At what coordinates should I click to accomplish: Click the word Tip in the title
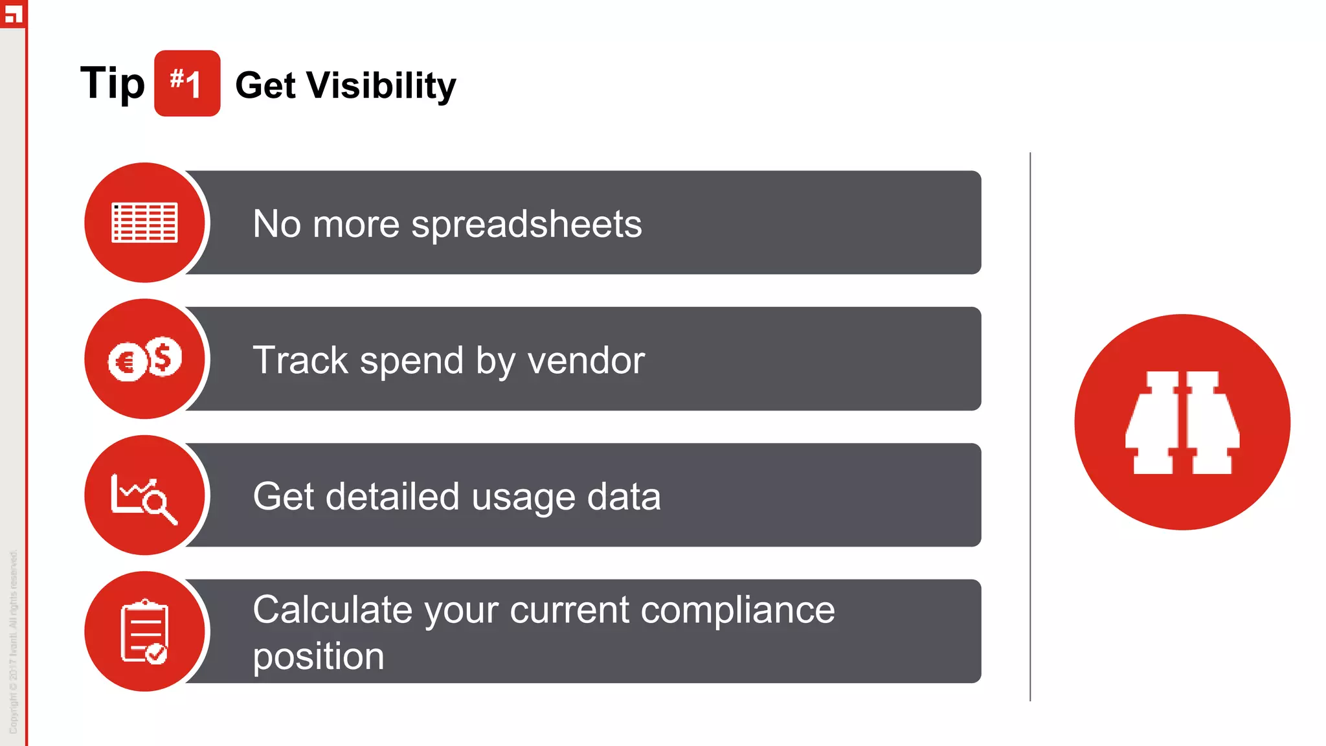coord(112,84)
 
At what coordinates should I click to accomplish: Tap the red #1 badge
coord(187,84)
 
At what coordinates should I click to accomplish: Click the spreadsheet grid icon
coord(145,223)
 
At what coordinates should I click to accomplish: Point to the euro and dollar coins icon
coord(145,359)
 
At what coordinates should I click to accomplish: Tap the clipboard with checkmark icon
coord(144,632)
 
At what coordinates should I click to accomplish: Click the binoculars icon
coord(1182,422)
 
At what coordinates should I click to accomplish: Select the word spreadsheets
coord(526,225)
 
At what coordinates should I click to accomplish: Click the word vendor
coord(586,360)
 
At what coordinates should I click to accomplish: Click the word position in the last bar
coord(319,657)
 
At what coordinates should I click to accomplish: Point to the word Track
coord(300,360)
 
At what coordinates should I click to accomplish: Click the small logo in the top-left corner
coord(13,13)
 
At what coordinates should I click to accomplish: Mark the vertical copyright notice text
coord(14,641)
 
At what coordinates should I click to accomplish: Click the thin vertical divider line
coord(1030,427)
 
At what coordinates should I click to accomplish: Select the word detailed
coord(392,497)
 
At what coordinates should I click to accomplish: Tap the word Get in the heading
coord(265,85)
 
